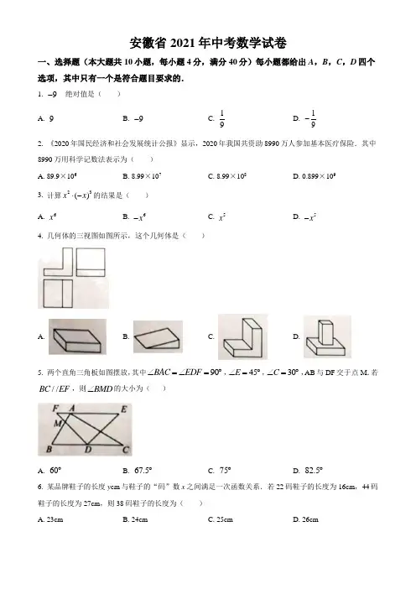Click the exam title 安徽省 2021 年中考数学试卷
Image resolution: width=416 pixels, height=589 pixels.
pos(208,43)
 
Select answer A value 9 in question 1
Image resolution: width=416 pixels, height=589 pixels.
pos(51,118)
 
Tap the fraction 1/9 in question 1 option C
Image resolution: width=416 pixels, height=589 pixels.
pos(221,118)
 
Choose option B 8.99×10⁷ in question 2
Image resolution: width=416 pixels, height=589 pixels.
pos(142,176)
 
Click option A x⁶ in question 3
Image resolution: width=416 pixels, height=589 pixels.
pos(53,216)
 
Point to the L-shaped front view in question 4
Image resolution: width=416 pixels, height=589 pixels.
pos(58,262)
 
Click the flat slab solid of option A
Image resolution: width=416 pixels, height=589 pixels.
pos(77,336)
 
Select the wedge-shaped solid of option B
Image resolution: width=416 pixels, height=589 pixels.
pos(158,337)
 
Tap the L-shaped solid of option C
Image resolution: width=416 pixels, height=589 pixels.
pos(243,337)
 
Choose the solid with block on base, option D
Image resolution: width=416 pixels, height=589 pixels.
pos(326,336)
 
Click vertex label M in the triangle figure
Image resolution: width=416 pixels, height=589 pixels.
pos(57,424)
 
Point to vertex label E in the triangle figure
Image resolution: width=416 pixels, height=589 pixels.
pos(123,409)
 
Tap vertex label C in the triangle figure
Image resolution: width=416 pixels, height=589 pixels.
pos(125,449)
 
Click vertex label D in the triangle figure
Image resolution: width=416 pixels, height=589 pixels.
pos(88,449)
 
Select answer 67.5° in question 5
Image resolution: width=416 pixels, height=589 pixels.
pos(143,471)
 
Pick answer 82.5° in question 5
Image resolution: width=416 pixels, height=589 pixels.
pos(314,471)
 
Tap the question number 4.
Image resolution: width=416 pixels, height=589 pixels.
pos(40,236)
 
